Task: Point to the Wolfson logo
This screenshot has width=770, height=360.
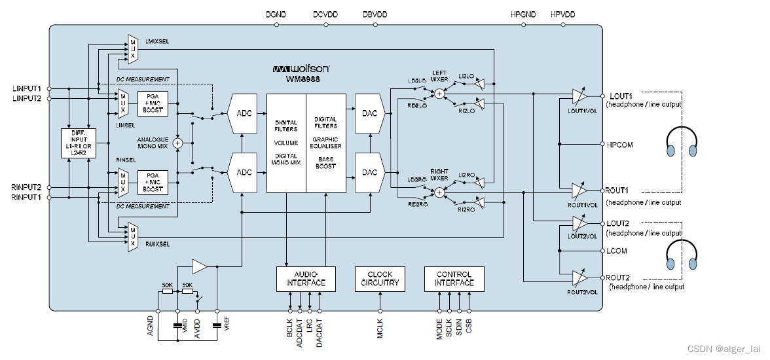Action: [301, 68]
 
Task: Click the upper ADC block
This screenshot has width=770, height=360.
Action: [244, 113]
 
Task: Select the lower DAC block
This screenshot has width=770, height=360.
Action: [369, 173]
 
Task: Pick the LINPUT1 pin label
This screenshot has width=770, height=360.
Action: [27, 88]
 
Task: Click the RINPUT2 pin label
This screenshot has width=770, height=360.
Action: [27, 187]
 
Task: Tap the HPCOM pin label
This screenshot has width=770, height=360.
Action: [620, 144]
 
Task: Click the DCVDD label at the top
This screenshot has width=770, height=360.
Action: [325, 14]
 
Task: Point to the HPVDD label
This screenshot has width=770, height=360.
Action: [564, 14]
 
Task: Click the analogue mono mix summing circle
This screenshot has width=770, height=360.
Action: [177, 143]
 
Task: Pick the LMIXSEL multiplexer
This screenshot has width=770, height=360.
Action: [132, 48]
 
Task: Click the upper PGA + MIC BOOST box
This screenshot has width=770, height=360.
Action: [153, 103]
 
